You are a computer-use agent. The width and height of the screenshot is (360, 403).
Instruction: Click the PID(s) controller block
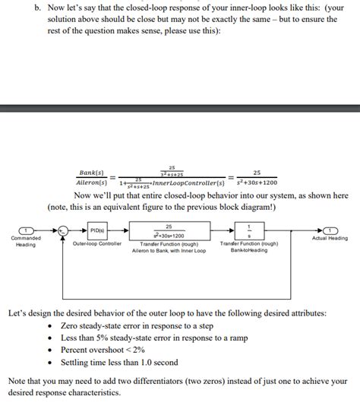pos(97,230)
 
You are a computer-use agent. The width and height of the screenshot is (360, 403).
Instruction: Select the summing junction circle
pos(66,230)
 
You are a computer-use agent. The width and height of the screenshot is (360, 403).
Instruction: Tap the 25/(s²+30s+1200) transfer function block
pos(168,230)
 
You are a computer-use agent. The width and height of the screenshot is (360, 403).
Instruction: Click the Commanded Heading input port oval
pos(27,230)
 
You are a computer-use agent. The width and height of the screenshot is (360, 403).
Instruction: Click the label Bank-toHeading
pos(249,250)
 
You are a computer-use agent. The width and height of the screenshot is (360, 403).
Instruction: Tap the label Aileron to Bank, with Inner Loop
pos(169,250)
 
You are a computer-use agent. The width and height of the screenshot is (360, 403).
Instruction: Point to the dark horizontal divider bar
pos(180,109)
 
